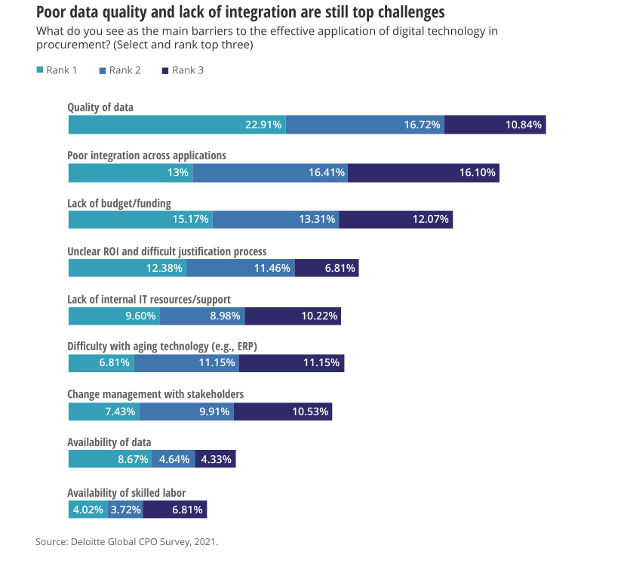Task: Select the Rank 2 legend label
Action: (124, 70)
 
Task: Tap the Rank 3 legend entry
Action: (188, 70)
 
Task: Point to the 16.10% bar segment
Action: (423, 173)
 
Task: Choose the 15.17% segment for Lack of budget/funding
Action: (140, 220)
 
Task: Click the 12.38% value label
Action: (164, 268)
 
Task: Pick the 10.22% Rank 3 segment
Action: (293, 316)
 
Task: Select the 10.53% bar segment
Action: (283, 411)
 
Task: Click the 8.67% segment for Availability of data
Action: (110, 459)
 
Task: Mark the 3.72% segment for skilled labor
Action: (125, 510)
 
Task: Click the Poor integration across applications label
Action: (146, 156)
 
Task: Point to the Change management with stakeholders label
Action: (155, 394)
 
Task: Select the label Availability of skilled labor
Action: (126, 493)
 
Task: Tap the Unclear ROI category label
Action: (167, 251)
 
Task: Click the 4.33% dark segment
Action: (215, 459)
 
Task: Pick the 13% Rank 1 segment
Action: (131, 173)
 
